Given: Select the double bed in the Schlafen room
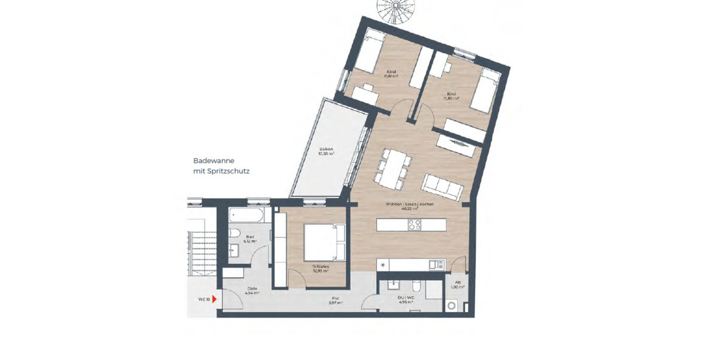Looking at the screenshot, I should point(325,241).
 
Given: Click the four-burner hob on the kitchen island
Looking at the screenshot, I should point(415,225).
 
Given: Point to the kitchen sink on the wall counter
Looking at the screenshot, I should point(436,264).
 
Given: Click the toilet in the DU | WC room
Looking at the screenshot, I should point(417,288).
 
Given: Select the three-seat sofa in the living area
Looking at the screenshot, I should point(443,187).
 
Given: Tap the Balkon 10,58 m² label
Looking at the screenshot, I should point(326,151).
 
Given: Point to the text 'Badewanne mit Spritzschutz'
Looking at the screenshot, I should point(221,166).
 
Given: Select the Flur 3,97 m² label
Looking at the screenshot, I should point(335,300).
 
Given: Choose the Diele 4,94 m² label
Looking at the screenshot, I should point(253,290).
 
